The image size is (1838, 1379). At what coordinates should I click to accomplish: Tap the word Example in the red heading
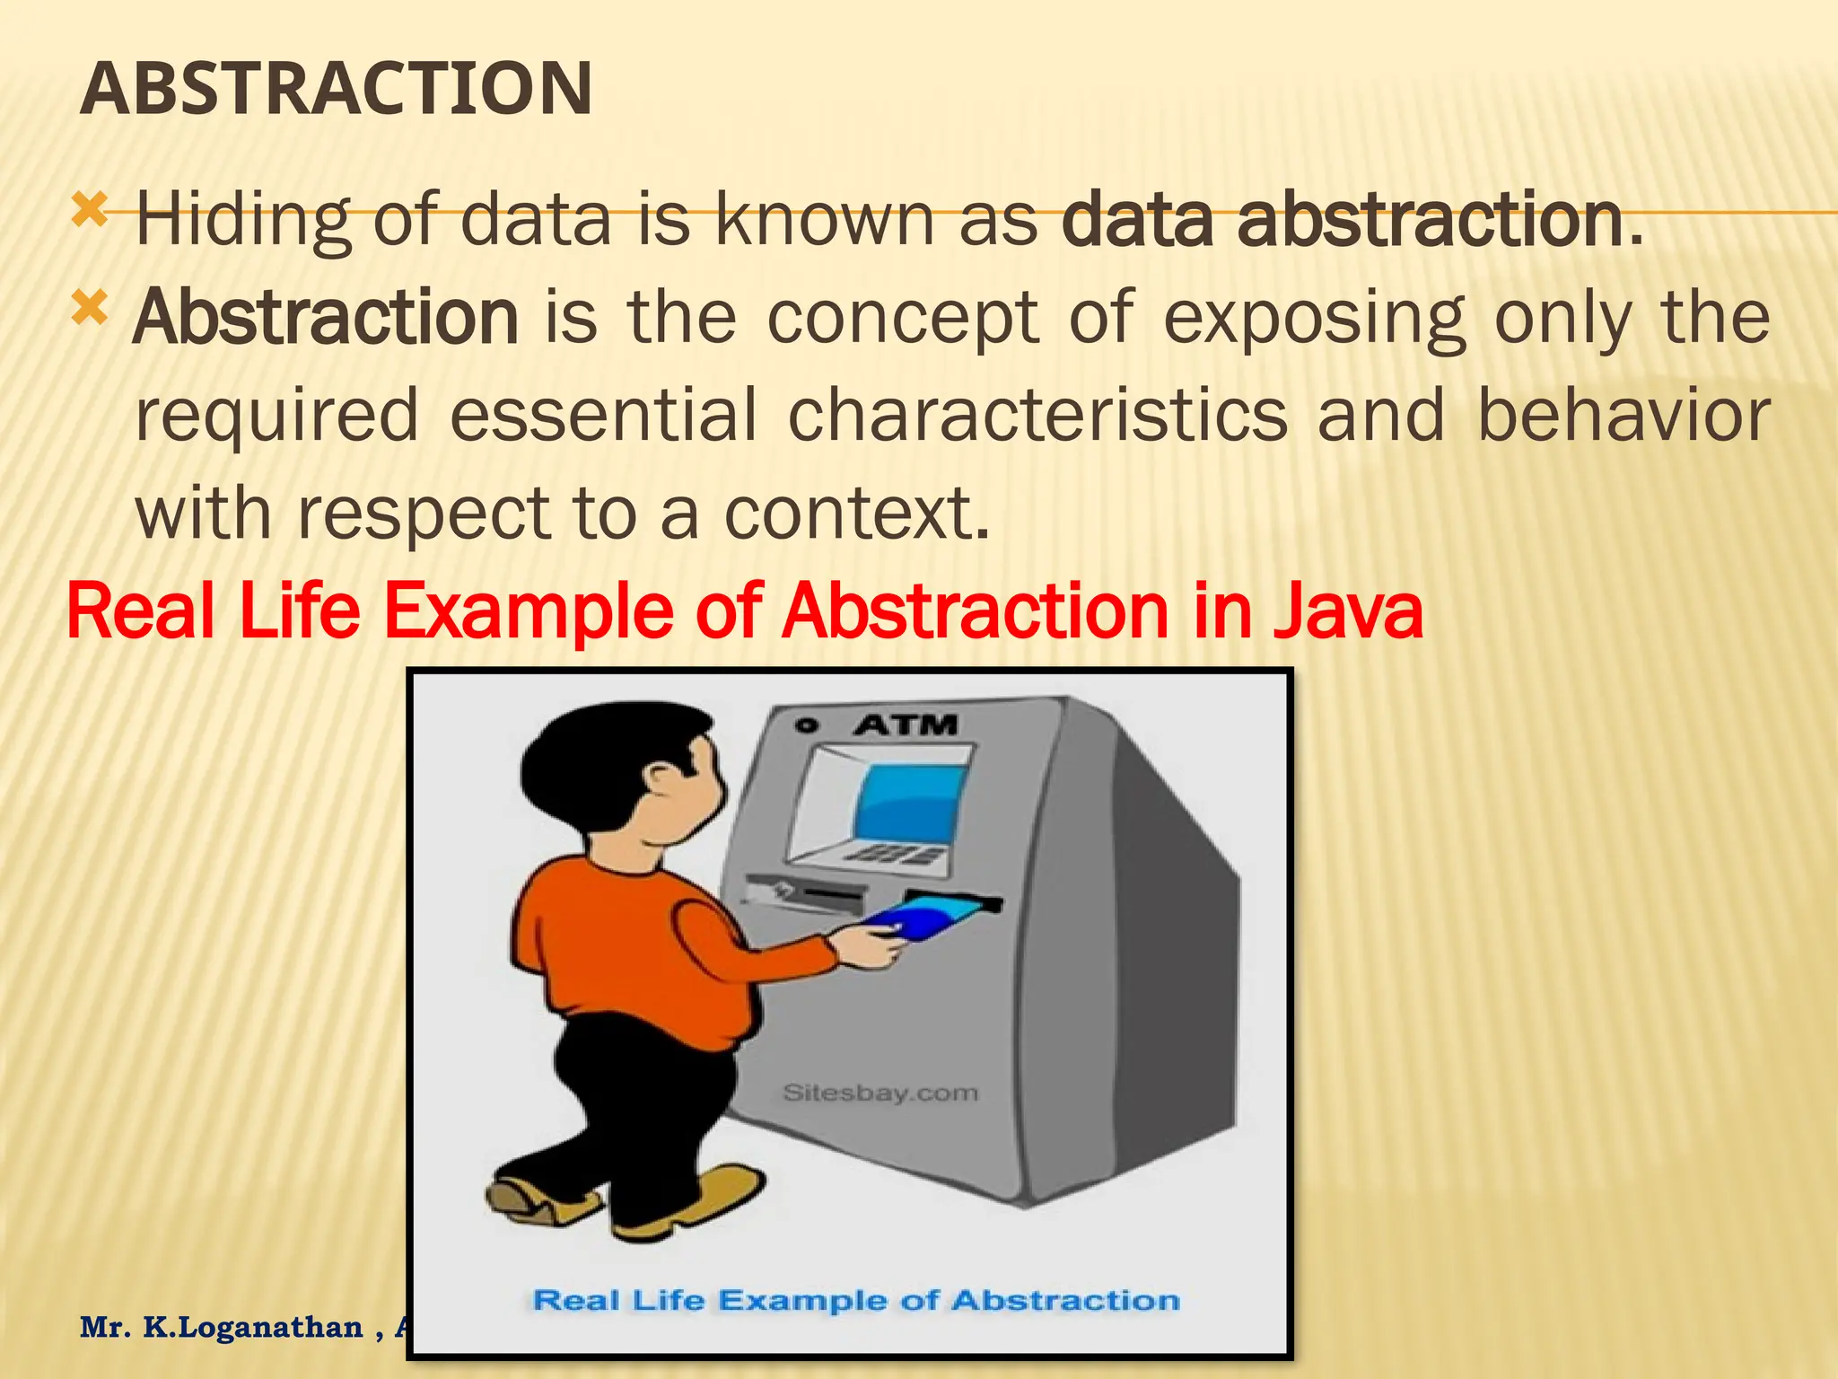pyautogui.click(x=529, y=611)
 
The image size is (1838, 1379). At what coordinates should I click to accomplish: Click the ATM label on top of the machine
pyautogui.click(x=906, y=725)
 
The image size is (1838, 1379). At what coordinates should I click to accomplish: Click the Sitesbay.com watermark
pyautogui.click(x=880, y=1093)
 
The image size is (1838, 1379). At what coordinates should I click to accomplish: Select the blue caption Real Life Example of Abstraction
pyautogui.click(x=856, y=1300)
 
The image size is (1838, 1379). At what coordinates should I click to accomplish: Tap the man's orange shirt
pyautogui.click(x=628, y=952)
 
